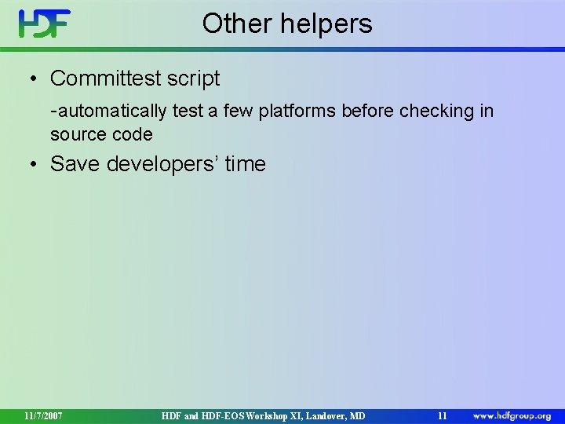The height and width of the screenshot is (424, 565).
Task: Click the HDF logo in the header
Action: tap(45, 24)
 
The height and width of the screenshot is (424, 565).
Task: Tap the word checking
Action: tap(436, 111)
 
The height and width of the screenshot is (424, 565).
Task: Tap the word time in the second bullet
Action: tap(246, 164)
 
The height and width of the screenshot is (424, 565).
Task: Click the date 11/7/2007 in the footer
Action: tap(43, 415)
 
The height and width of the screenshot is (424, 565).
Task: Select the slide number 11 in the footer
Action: tap(442, 415)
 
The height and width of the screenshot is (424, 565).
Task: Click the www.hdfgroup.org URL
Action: tap(512, 415)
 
